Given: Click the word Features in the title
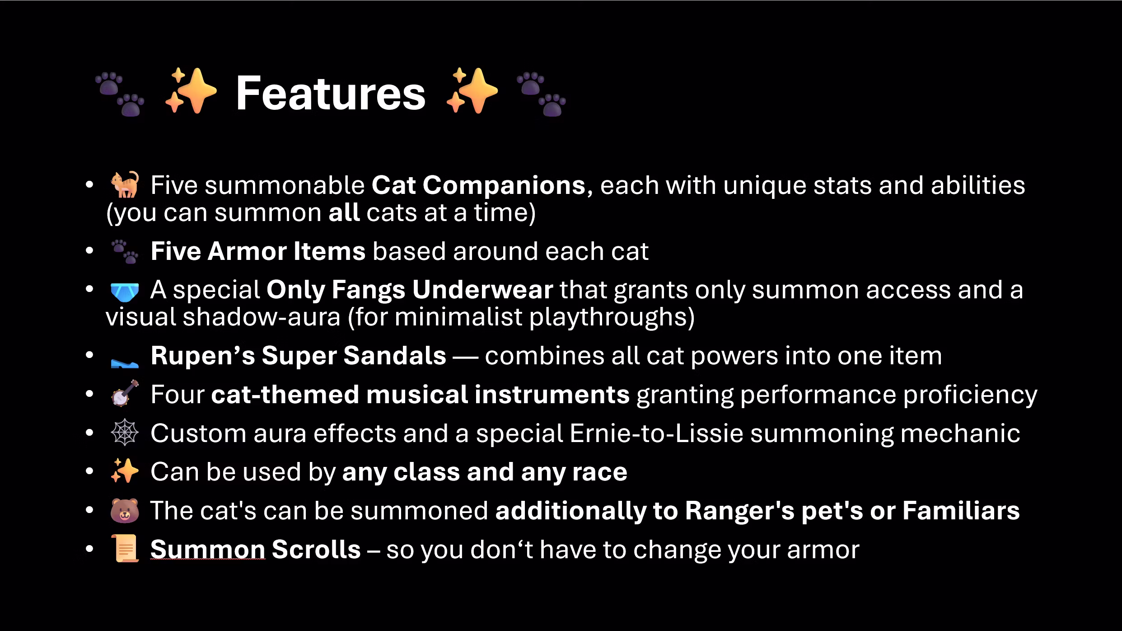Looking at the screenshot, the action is pos(331,93).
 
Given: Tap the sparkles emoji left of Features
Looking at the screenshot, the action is pos(191,90).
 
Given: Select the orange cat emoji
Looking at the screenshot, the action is pos(125,184).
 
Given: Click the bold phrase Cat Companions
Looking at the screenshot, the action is pos(478,185).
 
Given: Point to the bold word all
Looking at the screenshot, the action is pos(344,212).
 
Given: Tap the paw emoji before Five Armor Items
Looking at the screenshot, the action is pos(125,251).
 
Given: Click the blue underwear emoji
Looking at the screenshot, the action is pos(125,292).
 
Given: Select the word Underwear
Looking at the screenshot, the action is pos(482,289).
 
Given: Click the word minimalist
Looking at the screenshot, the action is pos(458,317).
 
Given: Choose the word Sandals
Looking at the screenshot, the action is pos(394,355).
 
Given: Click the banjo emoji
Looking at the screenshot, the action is pos(125,394).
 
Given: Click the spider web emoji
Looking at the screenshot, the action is pos(125,433).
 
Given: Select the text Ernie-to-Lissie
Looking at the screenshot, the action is pos(656,433).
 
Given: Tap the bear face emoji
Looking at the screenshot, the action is pos(125,510).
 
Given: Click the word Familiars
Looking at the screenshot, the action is pos(961,510).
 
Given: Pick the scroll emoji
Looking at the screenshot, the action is pos(125,549).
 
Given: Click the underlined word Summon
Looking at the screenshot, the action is pos(208,549).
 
